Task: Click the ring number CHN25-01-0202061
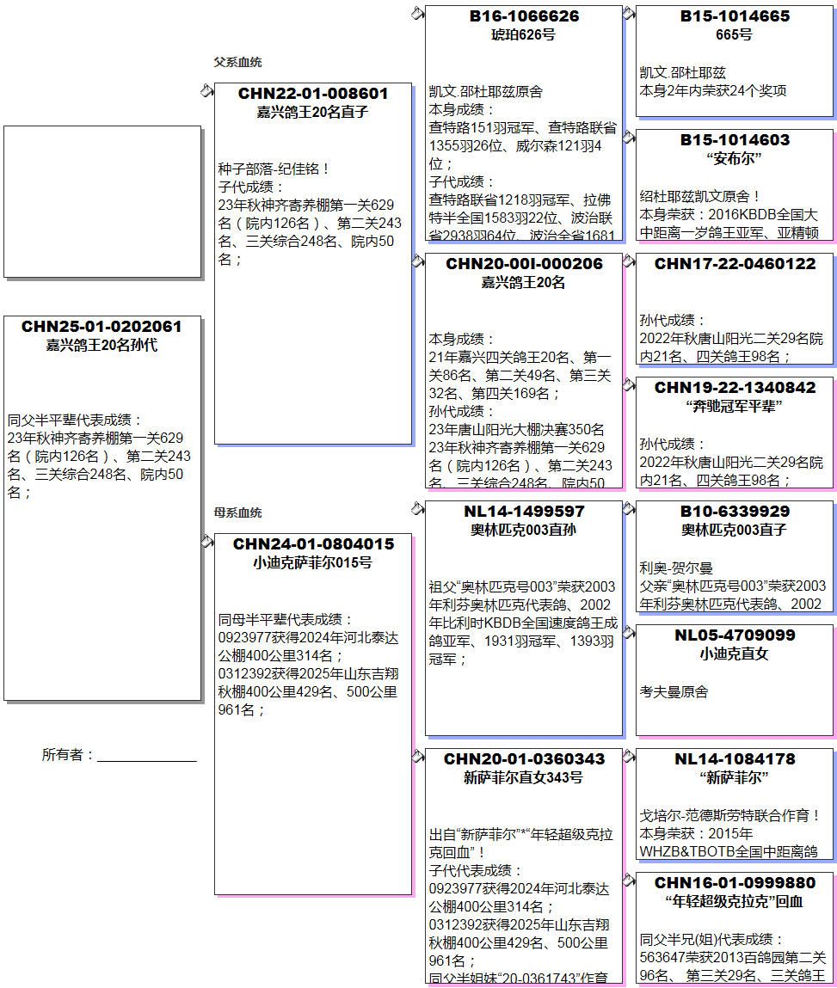(102, 327)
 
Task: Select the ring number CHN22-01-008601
(313, 93)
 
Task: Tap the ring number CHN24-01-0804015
(313, 543)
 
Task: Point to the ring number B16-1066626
(523, 16)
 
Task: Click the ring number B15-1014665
(735, 16)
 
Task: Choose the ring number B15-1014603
(735, 140)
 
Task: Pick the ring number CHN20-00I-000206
(523, 264)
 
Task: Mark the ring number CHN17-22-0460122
(735, 264)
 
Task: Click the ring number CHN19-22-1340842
(735, 388)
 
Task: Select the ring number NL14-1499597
(523, 512)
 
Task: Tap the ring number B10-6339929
(735, 512)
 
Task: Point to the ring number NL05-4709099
(735, 635)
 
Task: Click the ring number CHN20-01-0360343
(523, 759)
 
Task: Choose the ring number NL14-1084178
(735, 759)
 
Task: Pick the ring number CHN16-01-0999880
(735, 883)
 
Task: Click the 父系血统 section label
(237, 62)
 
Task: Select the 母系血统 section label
(237, 512)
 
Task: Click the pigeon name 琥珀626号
(523, 34)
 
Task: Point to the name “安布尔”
(735, 158)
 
